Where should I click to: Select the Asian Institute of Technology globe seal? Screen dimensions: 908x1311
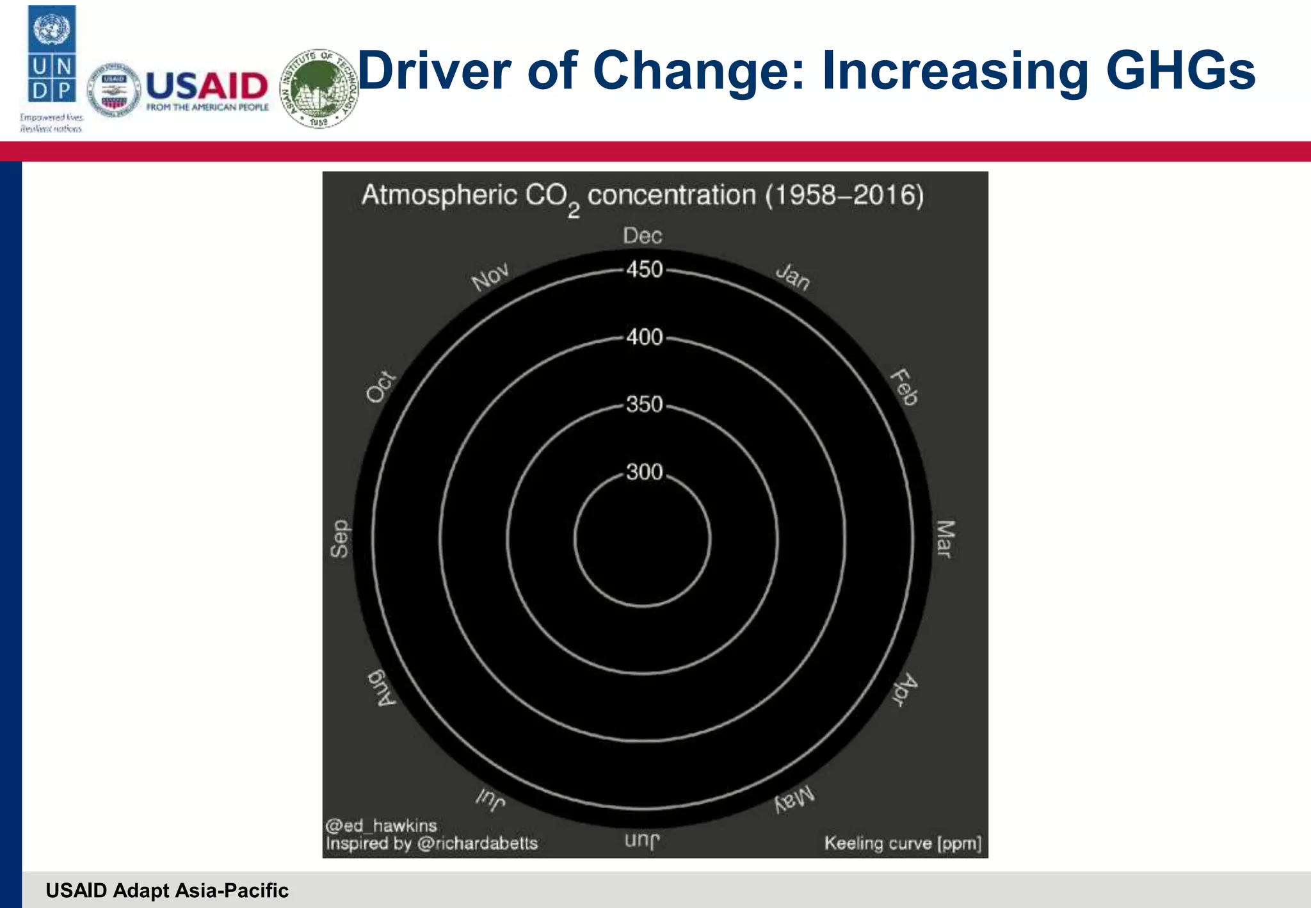pos(319,88)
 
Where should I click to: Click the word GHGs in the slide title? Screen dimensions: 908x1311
pos(1180,70)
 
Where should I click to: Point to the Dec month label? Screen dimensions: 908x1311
pos(642,236)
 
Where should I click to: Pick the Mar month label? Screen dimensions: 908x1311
pos(945,539)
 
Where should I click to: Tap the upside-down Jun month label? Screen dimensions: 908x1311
pos(642,839)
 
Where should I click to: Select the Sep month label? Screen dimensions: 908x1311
pos(340,539)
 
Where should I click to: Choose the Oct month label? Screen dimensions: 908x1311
pos(381,387)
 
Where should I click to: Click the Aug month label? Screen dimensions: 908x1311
pos(382,688)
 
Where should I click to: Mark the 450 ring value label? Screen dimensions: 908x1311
pos(645,270)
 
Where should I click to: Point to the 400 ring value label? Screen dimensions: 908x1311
pos(645,337)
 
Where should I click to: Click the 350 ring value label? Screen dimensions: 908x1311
pos(645,404)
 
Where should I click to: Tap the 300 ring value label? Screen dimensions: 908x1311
pos(645,472)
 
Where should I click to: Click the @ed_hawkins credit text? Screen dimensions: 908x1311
pos(382,825)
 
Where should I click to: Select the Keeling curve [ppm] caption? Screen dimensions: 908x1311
pos(903,843)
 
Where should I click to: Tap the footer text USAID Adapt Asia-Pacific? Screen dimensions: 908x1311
pos(167,890)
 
